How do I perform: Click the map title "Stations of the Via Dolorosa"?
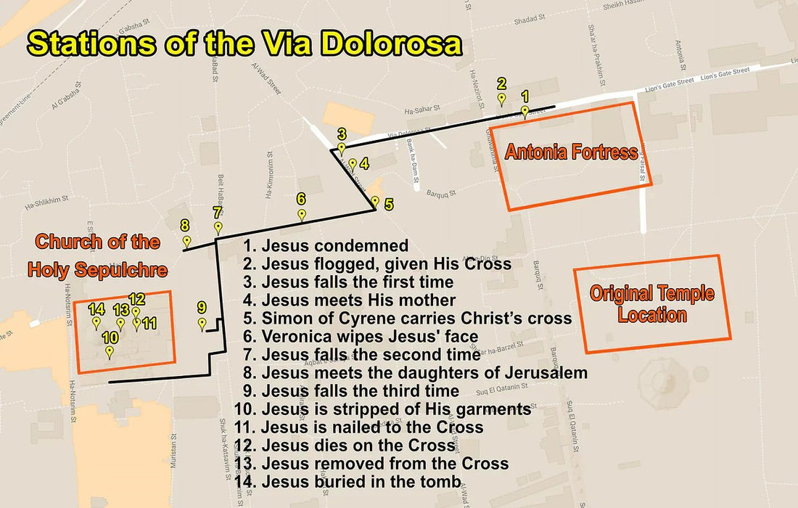(244, 44)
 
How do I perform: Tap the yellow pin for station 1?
(525, 112)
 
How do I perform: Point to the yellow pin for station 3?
(342, 148)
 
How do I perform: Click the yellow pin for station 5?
(375, 202)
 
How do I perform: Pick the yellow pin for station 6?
(302, 215)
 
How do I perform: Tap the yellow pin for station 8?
(186, 242)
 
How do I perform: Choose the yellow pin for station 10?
(110, 352)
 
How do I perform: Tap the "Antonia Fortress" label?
(572, 152)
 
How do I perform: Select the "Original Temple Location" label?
(651, 304)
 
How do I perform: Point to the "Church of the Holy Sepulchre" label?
(98, 256)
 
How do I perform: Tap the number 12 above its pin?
(137, 298)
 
